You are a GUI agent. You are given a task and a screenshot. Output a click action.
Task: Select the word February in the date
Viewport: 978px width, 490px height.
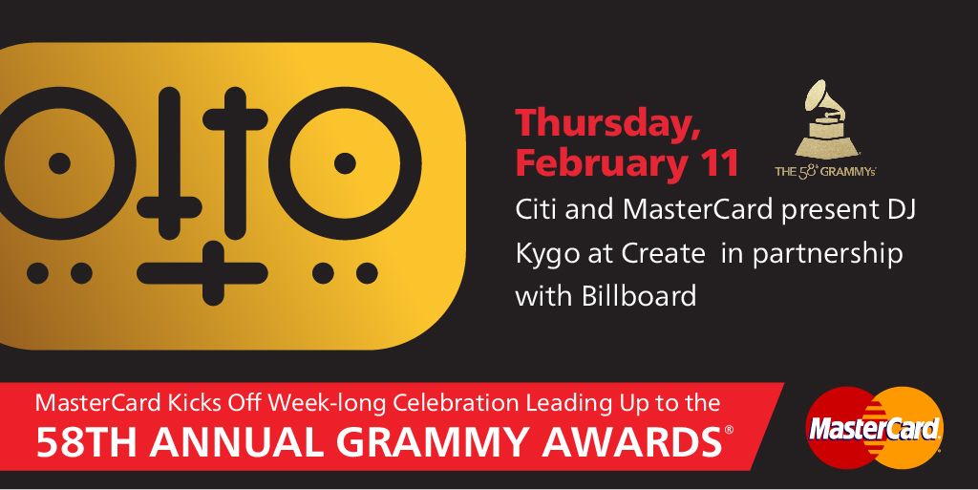tap(600, 164)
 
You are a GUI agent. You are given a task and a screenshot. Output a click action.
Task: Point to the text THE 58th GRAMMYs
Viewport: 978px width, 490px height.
tap(825, 171)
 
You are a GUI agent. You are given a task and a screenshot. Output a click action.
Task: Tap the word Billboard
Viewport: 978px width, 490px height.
tap(639, 295)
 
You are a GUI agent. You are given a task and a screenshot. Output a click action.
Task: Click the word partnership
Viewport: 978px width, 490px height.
tap(827, 255)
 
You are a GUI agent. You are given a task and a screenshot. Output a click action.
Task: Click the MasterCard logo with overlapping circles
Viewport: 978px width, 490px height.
tap(875, 428)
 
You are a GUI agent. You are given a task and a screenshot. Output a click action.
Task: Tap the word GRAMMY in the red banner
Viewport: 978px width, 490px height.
tap(433, 442)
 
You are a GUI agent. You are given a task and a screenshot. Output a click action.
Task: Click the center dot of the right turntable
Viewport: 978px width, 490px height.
tap(345, 163)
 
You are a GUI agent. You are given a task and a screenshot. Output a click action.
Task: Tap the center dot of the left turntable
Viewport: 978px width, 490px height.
tap(59, 163)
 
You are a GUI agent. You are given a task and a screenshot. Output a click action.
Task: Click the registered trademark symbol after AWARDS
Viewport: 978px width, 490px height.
tap(729, 430)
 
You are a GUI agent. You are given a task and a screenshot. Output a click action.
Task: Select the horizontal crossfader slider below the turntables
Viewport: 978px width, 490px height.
tap(202, 273)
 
